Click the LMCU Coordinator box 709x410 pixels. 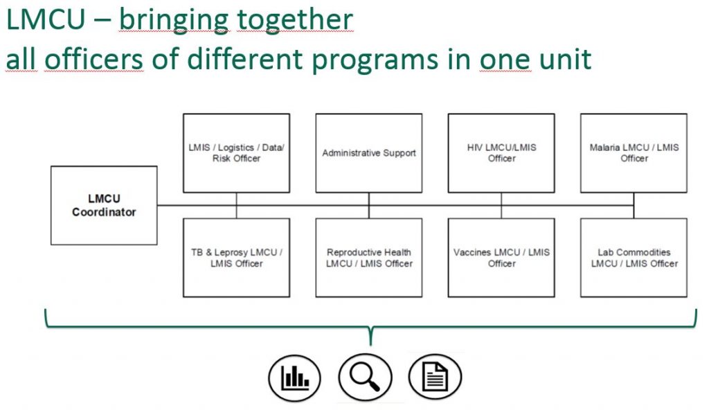coord(104,206)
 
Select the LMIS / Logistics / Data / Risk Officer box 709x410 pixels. coord(237,153)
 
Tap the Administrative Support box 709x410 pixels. coord(369,153)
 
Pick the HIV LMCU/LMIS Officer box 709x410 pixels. coord(501,153)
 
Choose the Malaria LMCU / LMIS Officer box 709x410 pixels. coord(634,153)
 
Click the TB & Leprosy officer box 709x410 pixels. coord(237,258)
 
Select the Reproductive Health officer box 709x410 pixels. coord(369,258)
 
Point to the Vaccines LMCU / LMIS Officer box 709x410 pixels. coord(501,258)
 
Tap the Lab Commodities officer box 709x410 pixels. coord(634,258)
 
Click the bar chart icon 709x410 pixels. coord(294,378)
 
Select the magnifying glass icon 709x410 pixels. coord(365,377)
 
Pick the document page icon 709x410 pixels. coord(435,377)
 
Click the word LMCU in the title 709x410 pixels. coord(46,19)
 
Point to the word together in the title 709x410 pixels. coord(295,21)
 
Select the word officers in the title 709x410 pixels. coord(94,59)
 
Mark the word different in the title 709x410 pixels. coord(245,59)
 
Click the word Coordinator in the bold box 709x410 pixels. coord(104,212)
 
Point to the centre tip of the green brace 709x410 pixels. coord(371,345)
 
